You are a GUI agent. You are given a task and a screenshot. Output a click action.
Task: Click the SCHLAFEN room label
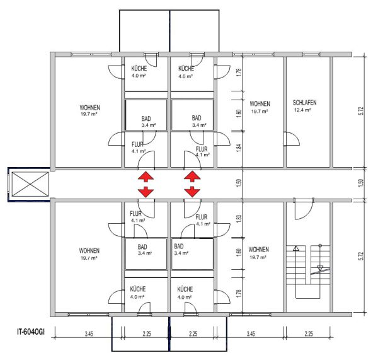click(304, 103)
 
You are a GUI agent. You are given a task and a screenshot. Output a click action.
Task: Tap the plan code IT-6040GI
click(31, 332)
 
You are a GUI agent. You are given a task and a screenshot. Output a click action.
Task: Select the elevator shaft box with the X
click(30, 184)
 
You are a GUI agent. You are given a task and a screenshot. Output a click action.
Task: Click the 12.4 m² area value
click(302, 110)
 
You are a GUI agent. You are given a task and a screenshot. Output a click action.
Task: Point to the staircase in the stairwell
click(308, 272)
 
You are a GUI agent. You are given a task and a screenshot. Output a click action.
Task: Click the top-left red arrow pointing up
click(146, 177)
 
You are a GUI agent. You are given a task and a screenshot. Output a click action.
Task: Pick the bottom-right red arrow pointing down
click(192, 192)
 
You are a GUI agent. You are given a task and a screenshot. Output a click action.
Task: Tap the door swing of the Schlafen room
click(292, 139)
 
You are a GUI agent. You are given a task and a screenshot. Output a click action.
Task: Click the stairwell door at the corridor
click(304, 209)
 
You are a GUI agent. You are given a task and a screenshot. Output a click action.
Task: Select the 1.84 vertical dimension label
click(239, 148)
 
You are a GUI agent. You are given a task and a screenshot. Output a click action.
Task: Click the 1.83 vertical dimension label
click(239, 219)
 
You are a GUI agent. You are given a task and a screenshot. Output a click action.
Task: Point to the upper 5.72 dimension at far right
click(361, 111)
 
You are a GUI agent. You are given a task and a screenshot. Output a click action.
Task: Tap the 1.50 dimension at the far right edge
click(361, 183)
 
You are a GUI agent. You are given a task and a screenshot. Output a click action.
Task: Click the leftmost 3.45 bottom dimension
click(89, 334)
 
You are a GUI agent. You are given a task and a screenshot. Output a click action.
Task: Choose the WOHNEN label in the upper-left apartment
click(90, 108)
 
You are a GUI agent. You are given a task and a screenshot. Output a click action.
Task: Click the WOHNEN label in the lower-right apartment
click(259, 250)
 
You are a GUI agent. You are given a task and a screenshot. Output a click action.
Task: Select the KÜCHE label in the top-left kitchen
click(139, 69)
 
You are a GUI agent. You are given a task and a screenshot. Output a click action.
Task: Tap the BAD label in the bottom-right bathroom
click(179, 247)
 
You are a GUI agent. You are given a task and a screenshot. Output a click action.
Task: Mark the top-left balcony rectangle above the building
click(145, 31)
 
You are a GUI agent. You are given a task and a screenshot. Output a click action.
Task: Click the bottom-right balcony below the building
click(198, 334)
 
